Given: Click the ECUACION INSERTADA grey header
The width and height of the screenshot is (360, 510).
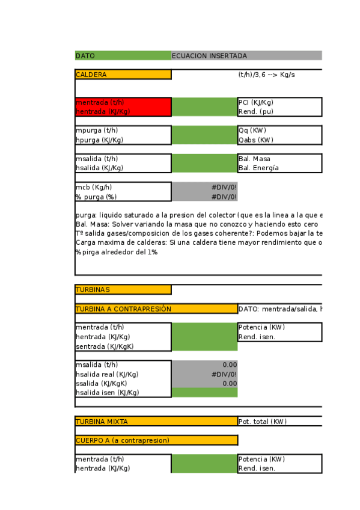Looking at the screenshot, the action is pyautogui.click(x=210, y=56).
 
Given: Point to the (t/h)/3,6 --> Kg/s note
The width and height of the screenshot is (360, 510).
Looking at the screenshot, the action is pyautogui.click(x=266, y=75).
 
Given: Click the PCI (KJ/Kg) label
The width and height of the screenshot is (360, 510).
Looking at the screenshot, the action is pyautogui.click(x=256, y=102).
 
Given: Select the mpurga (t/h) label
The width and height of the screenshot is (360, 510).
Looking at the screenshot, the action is pyautogui.click(x=97, y=131).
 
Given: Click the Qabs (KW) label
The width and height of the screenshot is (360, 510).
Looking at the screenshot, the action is pyautogui.click(x=256, y=140).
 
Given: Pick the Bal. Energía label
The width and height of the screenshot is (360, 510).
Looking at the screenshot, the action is pyautogui.click(x=258, y=168).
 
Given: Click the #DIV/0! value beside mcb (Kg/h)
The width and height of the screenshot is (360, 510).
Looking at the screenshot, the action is pyautogui.click(x=224, y=187).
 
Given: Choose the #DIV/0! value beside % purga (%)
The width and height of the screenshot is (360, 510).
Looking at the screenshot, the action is pyautogui.click(x=224, y=196).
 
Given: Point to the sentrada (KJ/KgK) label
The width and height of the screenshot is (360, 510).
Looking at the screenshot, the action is pyautogui.click(x=105, y=346).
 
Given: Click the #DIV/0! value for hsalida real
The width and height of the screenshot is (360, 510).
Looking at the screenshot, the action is pyautogui.click(x=224, y=373).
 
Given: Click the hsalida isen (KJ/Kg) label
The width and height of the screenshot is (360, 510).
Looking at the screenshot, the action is pyautogui.click(x=107, y=392).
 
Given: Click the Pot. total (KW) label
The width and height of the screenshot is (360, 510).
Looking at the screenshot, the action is pyautogui.click(x=263, y=421).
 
